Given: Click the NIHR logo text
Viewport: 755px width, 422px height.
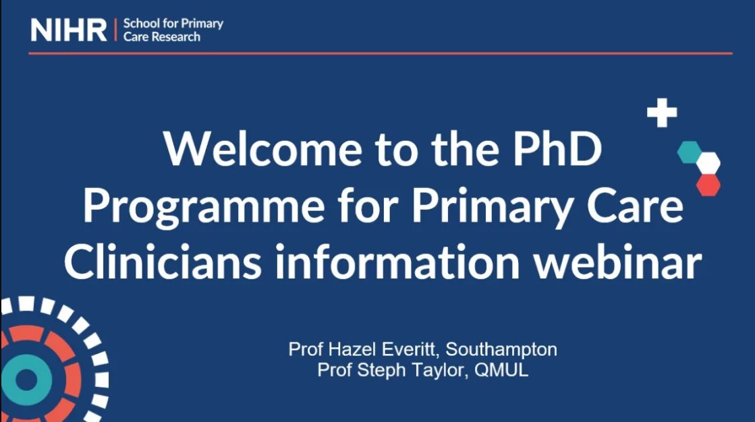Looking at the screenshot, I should coord(68,30).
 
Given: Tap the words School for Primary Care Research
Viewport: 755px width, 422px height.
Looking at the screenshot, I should coord(173,30).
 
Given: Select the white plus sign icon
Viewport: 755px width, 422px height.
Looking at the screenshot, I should coord(662,113).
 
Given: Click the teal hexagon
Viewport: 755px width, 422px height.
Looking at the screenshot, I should coord(689,152).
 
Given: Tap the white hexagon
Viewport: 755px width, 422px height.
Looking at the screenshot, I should coord(708,162).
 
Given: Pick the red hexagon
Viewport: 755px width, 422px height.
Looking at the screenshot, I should coord(708,184).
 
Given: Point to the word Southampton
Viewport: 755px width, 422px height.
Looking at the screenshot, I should coord(501,349).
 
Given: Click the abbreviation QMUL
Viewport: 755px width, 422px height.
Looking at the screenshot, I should coord(501,370).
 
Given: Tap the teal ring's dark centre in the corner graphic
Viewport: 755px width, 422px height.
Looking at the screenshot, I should coord(26,381).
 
